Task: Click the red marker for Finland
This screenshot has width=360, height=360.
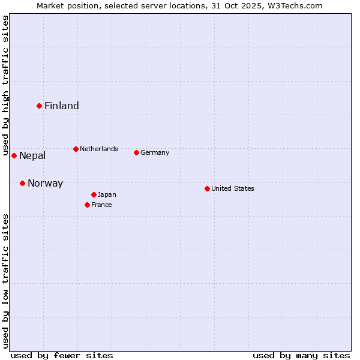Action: tap(39, 106)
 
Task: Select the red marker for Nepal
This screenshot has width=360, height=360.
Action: tap(14, 155)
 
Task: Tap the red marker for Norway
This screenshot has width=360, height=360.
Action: tap(22, 183)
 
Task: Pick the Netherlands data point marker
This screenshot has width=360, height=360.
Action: tap(76, 149)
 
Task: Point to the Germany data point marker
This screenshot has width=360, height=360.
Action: tap(136, 152)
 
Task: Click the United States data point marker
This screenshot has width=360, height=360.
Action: tap(207, 188)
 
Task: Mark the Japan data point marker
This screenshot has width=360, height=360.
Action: tap(94, 194)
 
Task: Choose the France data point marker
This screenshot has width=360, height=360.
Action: tap(87, 205)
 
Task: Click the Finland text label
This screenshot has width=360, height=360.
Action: tap(62, 106)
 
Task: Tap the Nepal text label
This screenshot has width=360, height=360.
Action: tap(32, 156)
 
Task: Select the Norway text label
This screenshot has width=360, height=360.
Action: tap(45, 184)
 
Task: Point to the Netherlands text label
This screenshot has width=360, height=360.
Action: tap(99, 149)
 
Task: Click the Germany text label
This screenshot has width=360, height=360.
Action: tap(155, 152)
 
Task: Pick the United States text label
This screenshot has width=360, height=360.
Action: tap(233, 188)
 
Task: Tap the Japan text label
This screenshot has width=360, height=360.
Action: tap(107, 194)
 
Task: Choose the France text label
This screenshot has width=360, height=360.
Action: tap(101, 205)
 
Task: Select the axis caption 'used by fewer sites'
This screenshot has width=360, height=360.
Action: tap(62, 355)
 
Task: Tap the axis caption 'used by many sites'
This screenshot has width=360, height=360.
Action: tap(301, 355)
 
